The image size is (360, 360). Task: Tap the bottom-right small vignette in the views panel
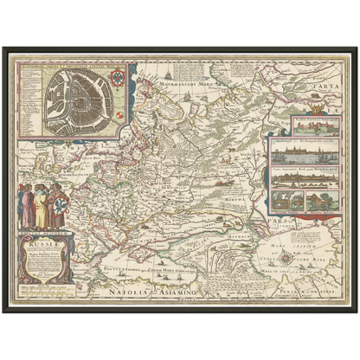(320, 200)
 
